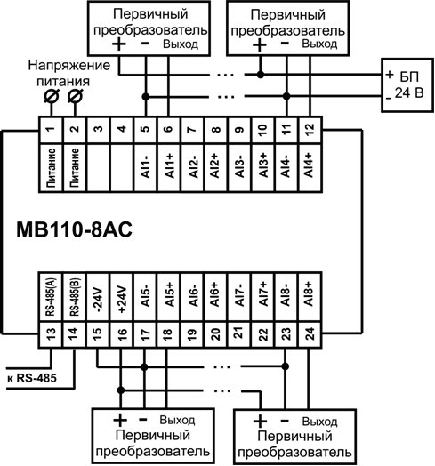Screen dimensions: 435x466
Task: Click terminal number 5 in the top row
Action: pos(145,129)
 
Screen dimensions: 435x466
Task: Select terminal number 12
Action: pos(310,129)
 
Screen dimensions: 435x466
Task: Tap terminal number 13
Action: pos(51,334)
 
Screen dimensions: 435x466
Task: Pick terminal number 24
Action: pos(310,334)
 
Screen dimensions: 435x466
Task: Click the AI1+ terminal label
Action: pos(169,166)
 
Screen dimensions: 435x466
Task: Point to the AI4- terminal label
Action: pos(286,167)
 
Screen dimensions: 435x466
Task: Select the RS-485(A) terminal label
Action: pos(51,296)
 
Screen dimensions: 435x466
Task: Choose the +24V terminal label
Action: pos(122,300)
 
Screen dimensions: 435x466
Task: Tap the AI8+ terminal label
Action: pos(310,294)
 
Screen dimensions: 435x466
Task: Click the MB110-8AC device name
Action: pos(74,230)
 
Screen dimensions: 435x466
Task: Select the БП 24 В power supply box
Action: pos(407,85)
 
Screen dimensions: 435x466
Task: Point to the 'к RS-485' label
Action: pos(32,378)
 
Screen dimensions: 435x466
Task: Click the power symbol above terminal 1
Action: pos(51,96)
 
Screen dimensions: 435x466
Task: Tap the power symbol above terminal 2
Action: pos(75,96)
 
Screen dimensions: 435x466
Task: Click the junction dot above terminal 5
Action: pos(145,97)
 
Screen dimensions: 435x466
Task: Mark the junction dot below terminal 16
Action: pos(121,390)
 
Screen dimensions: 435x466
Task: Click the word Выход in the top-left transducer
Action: pos(181,44)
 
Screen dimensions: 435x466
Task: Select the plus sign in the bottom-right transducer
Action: pos(260,422)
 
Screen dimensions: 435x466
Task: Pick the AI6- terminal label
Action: pos(193,295)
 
